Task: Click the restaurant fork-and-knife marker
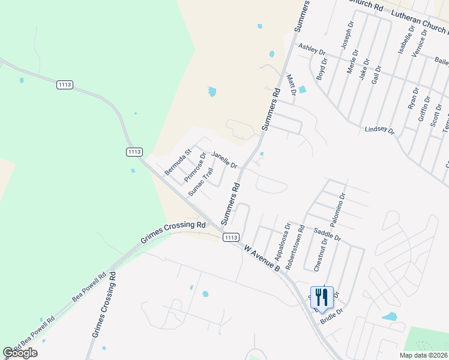[x=321, y=298]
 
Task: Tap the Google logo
[x=20, y=353]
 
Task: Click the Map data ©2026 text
[x=423, y=355]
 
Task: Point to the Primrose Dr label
[x=195, y=167]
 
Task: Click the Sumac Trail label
[x=200, y=182]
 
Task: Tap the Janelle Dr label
[x=224, y=160]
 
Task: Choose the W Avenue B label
[x=262, y=257]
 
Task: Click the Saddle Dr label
[x=327, y=234]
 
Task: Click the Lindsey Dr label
[x=379, y=130]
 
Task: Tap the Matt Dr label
[x=292, y=85]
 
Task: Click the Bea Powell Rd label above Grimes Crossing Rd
[x=89, y=287]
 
